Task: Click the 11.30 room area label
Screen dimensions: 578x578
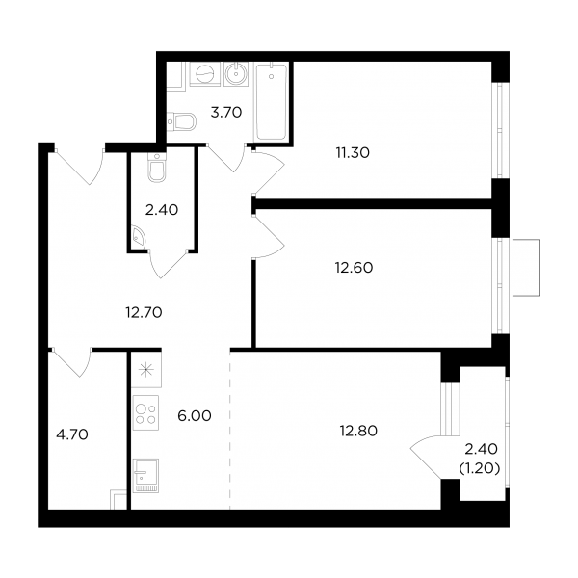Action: (x=353, y=152)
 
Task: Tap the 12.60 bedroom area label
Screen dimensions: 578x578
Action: (x=354, y=268)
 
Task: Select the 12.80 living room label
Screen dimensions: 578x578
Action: (x=358, y=431)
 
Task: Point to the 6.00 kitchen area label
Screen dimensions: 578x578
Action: (x=195, y=416)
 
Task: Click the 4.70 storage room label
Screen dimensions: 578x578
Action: (x=72, y=434)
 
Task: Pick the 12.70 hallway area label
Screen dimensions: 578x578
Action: (x=144, y=312)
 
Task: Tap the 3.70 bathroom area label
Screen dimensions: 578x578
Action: (x=226, y=112)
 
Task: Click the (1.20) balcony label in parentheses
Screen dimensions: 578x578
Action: (x=479, y=468)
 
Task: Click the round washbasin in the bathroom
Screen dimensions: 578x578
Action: (x=236, y=74)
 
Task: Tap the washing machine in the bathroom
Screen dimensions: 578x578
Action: (x=204, y=74)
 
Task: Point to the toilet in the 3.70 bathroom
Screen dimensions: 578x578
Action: (x=181, y=121)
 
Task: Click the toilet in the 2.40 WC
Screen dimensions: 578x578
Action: (x=157, y=167)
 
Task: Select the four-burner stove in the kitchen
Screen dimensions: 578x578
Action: (x=145, y=413)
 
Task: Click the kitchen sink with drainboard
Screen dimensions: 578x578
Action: (x=145, y=476)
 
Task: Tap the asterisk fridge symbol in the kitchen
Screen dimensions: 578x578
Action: (x=146, y=370)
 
